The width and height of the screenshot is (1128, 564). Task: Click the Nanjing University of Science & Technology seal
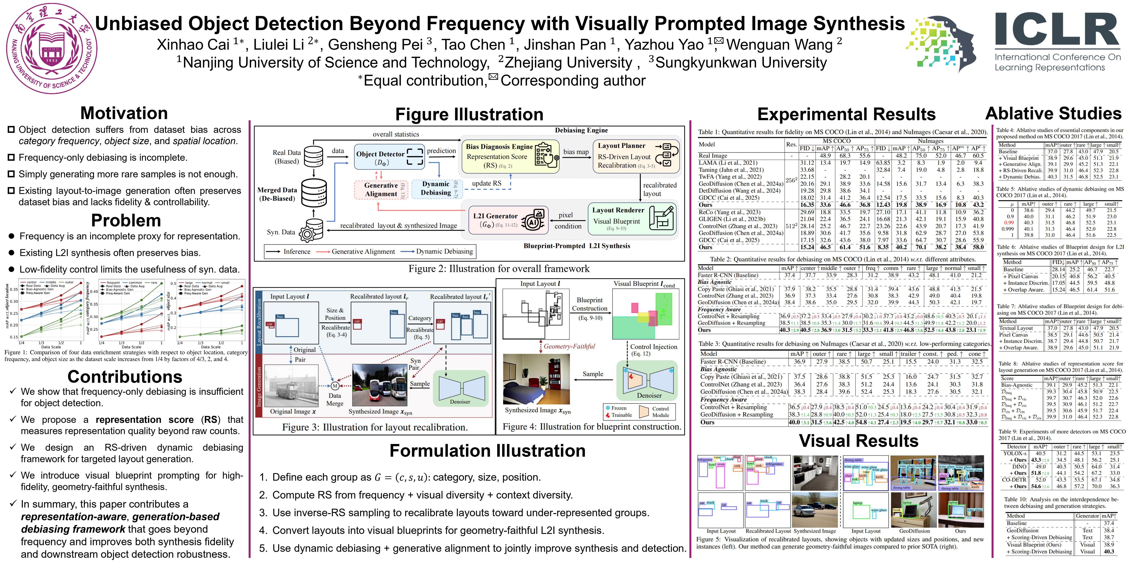(x=52, y=47)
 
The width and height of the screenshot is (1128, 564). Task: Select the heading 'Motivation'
(x=124, y=113)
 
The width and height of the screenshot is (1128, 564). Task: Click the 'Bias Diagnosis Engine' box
(x=510, y=156)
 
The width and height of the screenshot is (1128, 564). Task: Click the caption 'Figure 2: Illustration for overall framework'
(x=499, y=268)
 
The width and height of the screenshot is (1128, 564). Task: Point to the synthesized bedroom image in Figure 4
(x=536, y=379)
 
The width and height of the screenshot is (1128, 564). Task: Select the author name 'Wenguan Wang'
(x=779, y=45)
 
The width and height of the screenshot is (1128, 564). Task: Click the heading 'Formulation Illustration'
(x=487, y=451)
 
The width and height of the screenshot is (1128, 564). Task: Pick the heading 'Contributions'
(x=125, y=377)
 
